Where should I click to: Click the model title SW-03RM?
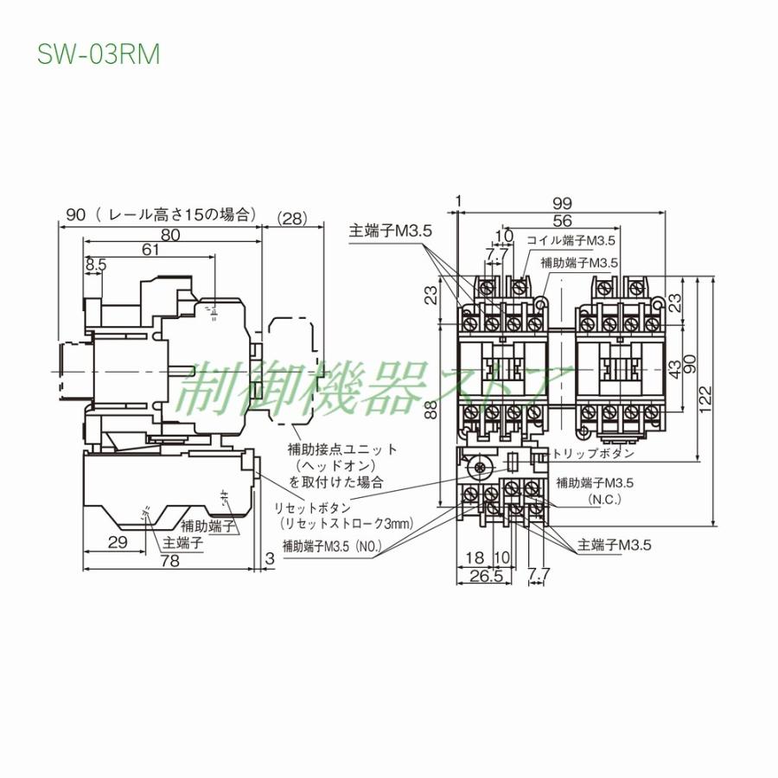coord(98,54)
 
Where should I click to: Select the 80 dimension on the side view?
coord(169,234)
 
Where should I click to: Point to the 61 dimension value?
coord(150,250)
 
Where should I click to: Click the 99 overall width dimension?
coord(562,203)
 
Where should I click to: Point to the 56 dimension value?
coord(562,220)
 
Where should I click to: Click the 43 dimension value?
coord(674,367)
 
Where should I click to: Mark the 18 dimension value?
coord(474,559)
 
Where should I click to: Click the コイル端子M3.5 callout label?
coord(571,240)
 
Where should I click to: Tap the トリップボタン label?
coord(595,453)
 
